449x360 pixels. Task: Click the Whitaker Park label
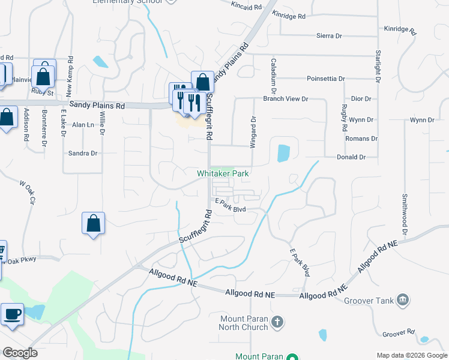tap(223, 173)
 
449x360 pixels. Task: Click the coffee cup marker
tap(13, 314)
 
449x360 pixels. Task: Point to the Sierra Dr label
tap(329, 36)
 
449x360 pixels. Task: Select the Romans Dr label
tap(361, 139)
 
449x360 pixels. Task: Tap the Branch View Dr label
tap(286, 99)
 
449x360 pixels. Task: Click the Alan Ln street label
tap(83, 125)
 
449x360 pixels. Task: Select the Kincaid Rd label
tap(247, 5)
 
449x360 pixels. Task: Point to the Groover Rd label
tap(399, 332)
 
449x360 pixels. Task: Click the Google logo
tap(20, 353)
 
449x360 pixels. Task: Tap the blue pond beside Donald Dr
tap(283, 152)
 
